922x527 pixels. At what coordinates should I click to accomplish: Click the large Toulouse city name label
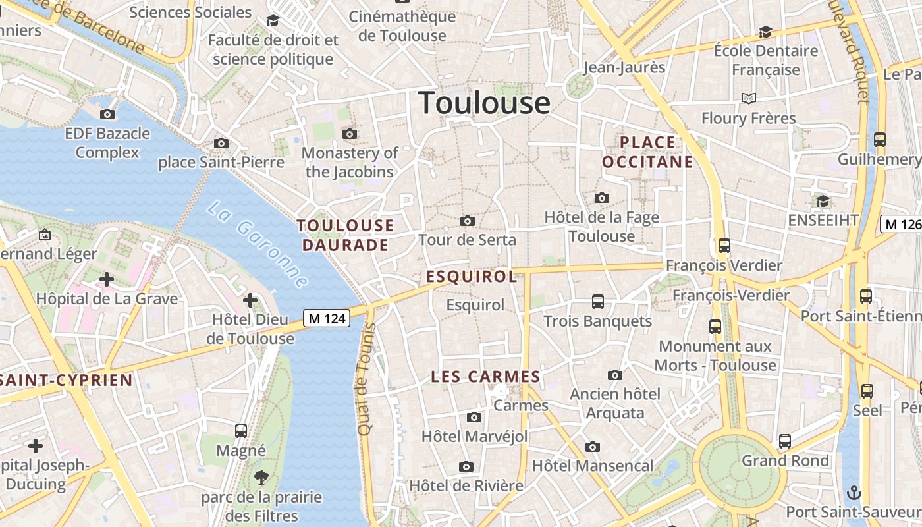[x=484, y=103]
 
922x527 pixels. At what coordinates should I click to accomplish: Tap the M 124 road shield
[x=327, y=319]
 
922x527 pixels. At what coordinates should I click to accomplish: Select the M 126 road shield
[x=901, y=224]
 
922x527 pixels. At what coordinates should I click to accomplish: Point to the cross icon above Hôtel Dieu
[x=250, y=301]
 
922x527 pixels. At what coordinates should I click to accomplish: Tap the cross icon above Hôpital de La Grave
[x=107, y=280]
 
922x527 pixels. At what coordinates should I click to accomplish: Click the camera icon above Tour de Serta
[x=468, y=221]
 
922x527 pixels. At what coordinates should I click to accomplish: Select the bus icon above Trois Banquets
[x=598, y=302]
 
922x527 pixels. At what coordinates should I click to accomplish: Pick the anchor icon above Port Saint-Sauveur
[x=854, y=492]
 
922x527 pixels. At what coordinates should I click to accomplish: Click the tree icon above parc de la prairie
[x=261, y=478]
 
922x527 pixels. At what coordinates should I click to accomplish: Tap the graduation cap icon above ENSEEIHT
[x=823, y=200]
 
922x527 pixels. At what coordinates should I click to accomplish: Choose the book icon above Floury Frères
[x=748, y=99]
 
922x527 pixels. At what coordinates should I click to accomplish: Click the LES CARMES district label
[x=485, y=377]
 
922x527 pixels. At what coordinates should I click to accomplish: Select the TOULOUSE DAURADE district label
[x=345, y=235]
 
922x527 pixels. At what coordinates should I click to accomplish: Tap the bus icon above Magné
[x=241, y=431]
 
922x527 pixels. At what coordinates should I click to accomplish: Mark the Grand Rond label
[x=785, y=461]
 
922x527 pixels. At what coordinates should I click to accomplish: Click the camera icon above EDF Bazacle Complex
[x=107, y=115]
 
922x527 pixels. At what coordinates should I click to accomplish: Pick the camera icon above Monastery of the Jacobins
[x=350, y=134]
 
